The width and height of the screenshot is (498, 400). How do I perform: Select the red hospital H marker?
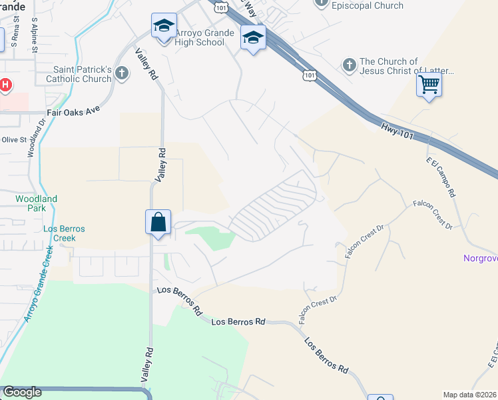(x=5, y=85)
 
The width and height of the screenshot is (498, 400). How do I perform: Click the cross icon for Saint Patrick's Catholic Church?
(x=121, y=73)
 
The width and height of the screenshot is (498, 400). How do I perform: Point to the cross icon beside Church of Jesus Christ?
(x=349, y=65)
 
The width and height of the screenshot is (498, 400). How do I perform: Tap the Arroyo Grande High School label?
(x=200, y=38)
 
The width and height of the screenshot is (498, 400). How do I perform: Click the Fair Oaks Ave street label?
(x=73, y=113)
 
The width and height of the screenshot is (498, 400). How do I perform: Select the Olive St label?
(x=13, y=140)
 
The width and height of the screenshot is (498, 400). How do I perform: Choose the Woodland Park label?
(x=37, y=203)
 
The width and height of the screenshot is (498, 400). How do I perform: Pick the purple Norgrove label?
(x=481, y=258)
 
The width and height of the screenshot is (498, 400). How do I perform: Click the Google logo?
(x=22, y=392)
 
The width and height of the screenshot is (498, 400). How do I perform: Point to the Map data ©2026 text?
(x=470, y=395)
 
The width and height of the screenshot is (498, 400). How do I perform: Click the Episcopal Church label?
(x=368, y=5)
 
